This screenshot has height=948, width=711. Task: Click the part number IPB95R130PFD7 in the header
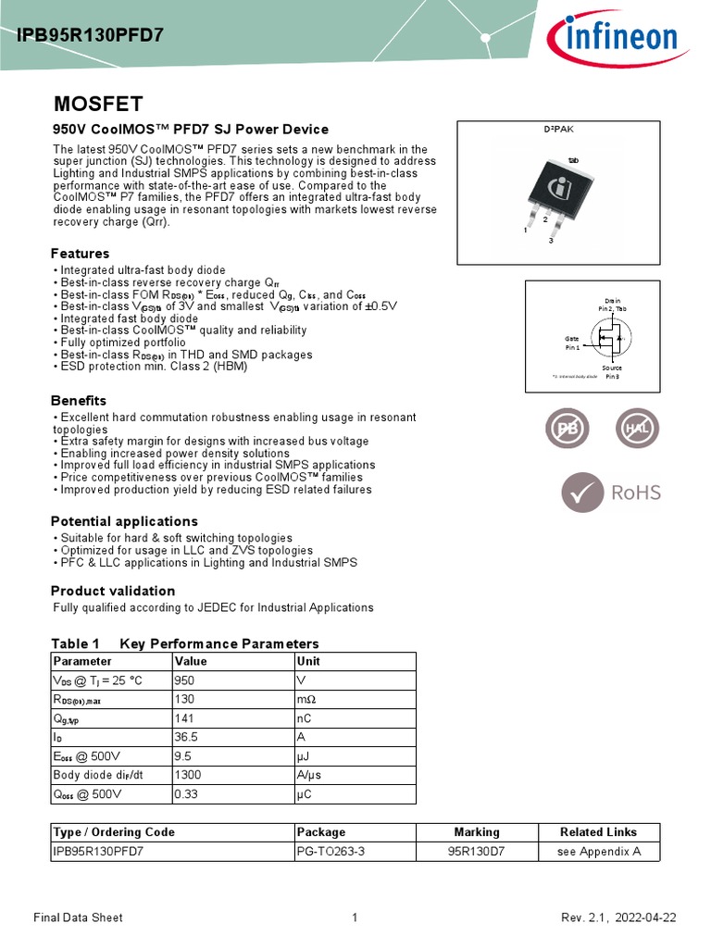click(91, 36)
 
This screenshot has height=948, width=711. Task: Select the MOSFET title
click(97, 103)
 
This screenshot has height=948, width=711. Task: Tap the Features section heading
click(80, 254)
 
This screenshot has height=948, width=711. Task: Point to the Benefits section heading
click(79, 401)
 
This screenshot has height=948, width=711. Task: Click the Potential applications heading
click(124, 521)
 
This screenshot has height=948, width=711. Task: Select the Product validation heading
click(113, 591)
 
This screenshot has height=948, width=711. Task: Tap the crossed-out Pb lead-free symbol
click(565, 428)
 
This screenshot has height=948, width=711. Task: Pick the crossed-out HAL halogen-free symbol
click(638, 428)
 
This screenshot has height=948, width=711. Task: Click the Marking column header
click(477, 831)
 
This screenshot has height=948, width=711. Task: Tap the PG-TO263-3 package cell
click(331, 852)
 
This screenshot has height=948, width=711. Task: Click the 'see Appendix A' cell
click(598, 852)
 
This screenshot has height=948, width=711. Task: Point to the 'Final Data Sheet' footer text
click(78, 917)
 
